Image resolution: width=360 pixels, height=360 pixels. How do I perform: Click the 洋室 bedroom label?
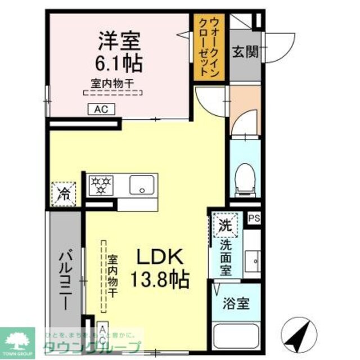(119, 41)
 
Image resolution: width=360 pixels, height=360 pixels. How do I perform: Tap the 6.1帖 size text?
(120, 62)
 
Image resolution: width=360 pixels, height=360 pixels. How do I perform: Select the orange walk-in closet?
(207, 47)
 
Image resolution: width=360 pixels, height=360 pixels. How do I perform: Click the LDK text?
(160, 258)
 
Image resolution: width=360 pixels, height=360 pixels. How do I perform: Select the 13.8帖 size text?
(160, 278)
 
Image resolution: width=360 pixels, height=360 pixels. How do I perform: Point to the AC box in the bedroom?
(101, 109)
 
